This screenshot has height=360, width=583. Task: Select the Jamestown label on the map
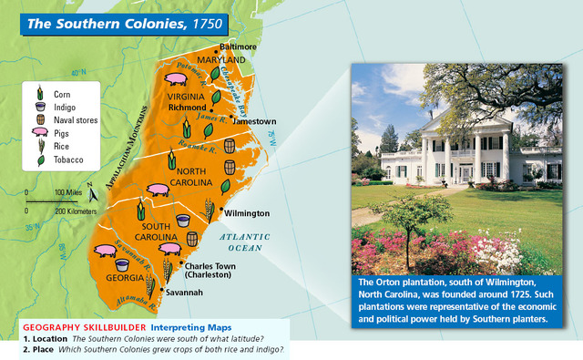[x=253, y=120]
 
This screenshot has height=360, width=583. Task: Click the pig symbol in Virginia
[x=177, y=81]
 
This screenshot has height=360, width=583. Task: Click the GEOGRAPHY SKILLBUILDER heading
[x=83, y=327]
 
